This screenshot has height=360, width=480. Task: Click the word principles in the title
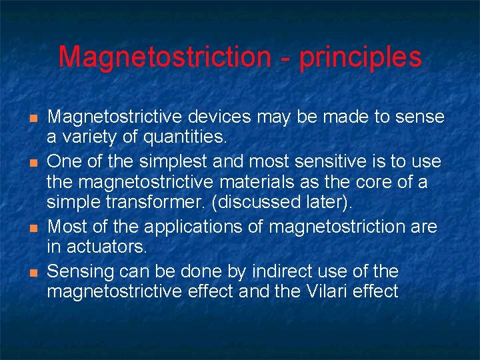(x=360, y=58)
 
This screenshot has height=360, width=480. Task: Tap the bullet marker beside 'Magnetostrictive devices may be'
(x=32, y=118)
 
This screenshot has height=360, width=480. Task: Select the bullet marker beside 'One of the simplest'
(x=32, y=161)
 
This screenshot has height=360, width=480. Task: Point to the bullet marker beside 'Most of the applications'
(x=32, y=227)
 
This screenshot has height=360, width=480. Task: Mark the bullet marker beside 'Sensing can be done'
(x=32, y=272)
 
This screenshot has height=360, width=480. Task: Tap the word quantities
(x=188, y=138)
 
